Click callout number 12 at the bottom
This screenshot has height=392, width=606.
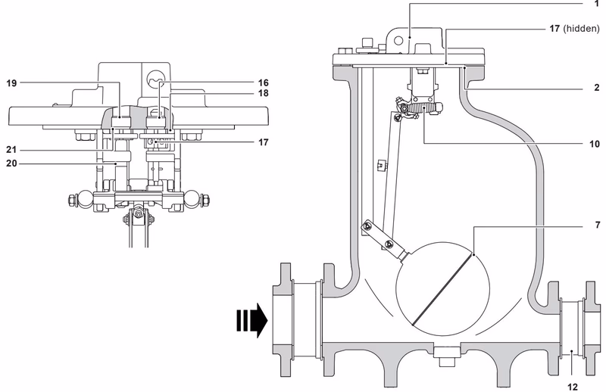tap(573, 386)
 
